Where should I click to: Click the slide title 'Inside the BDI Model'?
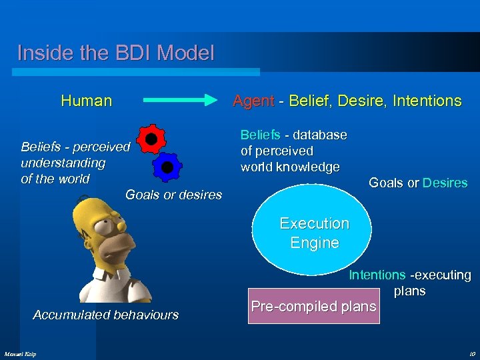(x=116, y=53)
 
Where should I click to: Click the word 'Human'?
(x=86, y=101)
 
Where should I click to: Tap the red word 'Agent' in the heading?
(x=253, y=101)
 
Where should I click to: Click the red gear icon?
(x=151, y=139)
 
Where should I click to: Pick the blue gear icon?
(x=167, y=167)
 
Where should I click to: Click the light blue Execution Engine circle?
(x=314, y=233)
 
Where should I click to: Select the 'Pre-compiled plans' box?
(x=313, y=307)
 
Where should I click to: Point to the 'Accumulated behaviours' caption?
(x=105, y=315)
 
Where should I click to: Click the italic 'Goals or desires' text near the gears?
(x=173, y=195)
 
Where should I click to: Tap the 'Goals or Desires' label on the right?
(x=418, y=183)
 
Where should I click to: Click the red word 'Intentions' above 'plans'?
(x=377, y=275)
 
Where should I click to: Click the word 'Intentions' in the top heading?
(x=427, y=101)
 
